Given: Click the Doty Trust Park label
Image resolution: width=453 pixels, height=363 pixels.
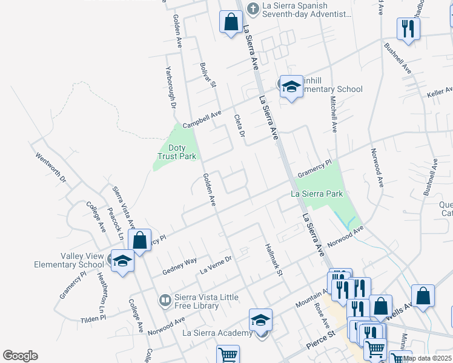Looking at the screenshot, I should pyautogui.click(x=177, y=151).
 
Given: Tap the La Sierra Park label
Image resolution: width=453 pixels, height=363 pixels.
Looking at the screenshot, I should pyautogui.click(x=317, y=194).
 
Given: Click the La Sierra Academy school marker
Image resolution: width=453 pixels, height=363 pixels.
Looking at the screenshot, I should pyautogui.click(x=261, y=319).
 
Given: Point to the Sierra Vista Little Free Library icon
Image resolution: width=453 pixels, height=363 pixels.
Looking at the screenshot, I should pyautogui.click(x=165, y=299).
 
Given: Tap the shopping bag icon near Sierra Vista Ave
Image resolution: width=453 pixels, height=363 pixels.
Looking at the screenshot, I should pyautogui.click(x=140, y=241).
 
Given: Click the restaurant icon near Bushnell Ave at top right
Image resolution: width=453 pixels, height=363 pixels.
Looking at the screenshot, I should pyautogui.click(x=407, y=28).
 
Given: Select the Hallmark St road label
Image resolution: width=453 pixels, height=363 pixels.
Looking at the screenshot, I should pyautogui.click(x=274, y=260).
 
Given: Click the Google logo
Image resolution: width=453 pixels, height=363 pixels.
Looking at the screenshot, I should pyautogui.click(x=20, y=356).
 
